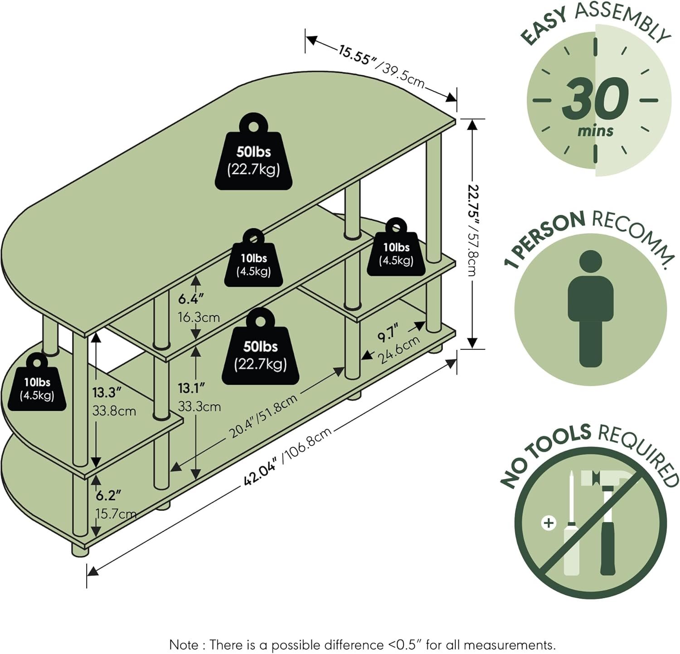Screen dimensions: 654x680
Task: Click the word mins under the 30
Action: (x=595, y=131)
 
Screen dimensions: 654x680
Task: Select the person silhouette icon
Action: (x=591, y=308)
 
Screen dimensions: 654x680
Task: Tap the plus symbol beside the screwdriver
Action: (x=549, y=523)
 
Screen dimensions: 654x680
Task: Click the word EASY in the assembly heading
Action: (x=544, y=29)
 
